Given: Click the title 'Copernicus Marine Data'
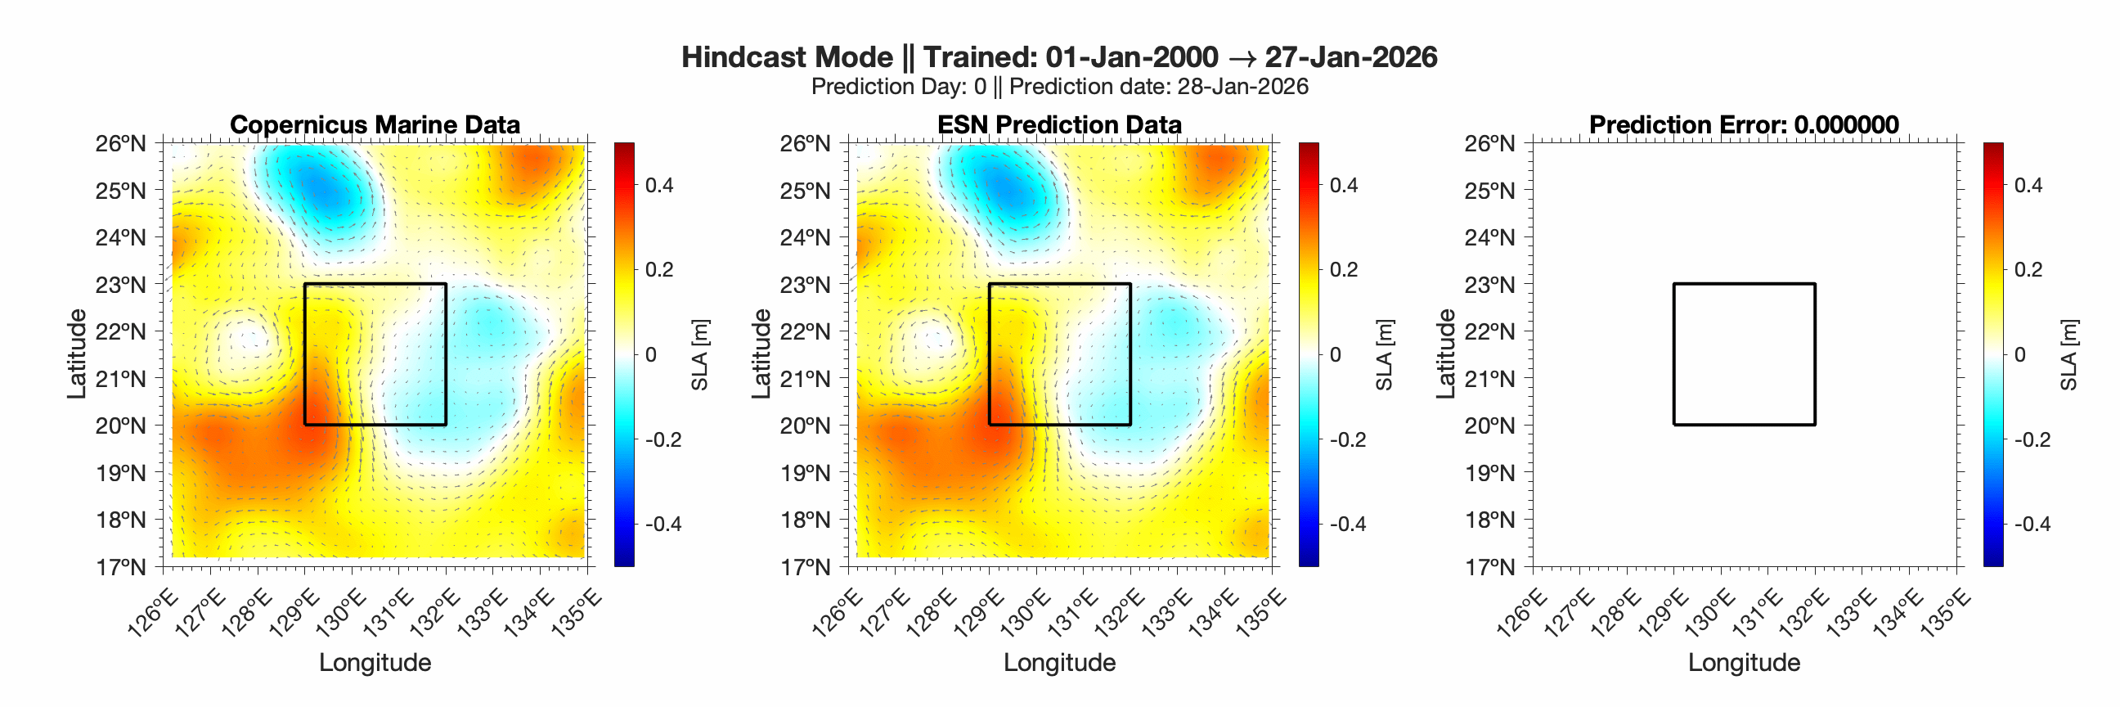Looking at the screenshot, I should click(375, 124).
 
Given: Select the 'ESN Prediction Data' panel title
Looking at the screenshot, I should click(1059, 124).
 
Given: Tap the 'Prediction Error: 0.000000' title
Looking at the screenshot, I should click(1744, 124).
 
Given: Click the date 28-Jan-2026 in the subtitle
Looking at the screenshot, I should click(1242, 87).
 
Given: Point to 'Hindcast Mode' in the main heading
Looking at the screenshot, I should click(787, 56).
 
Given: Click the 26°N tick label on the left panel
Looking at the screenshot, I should click(120, 144).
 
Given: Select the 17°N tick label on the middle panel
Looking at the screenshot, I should click(805, 567).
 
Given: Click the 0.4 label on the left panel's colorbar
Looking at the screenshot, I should click(658, 185).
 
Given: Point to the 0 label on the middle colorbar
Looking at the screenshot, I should click(1335, 355).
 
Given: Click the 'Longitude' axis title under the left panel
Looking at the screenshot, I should click(375, 663).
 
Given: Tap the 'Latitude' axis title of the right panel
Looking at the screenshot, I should click(1446, 354).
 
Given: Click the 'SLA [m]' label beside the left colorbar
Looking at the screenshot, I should click(699, 355).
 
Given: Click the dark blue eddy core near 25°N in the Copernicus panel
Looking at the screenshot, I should click(325, 193).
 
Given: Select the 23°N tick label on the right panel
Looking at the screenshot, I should click(1489, 285).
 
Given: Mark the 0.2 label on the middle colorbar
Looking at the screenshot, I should click(1343, 270).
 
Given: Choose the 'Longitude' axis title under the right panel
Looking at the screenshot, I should click(1744, 663).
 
